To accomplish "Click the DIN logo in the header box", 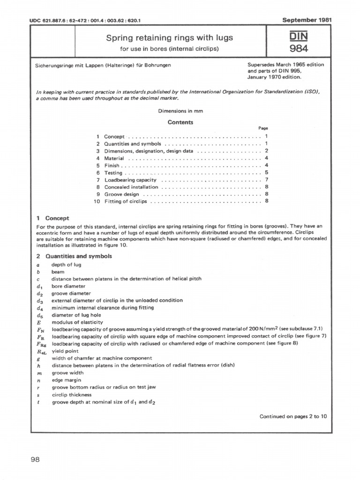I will point(299,36).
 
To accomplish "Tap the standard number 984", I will point(299,48).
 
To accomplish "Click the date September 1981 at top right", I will point(307,20).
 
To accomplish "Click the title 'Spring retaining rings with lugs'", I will point(170,37).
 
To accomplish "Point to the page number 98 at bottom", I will point(35,459).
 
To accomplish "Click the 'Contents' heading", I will point(180,122).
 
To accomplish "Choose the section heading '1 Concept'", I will point(52,218).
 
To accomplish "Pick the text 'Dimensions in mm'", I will point(180,111).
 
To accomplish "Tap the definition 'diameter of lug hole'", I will point(76,315).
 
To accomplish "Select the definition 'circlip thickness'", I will point(71,395).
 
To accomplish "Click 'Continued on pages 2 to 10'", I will point(293,416).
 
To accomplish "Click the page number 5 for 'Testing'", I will point(266,172).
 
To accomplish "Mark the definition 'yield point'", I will point(65,351).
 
